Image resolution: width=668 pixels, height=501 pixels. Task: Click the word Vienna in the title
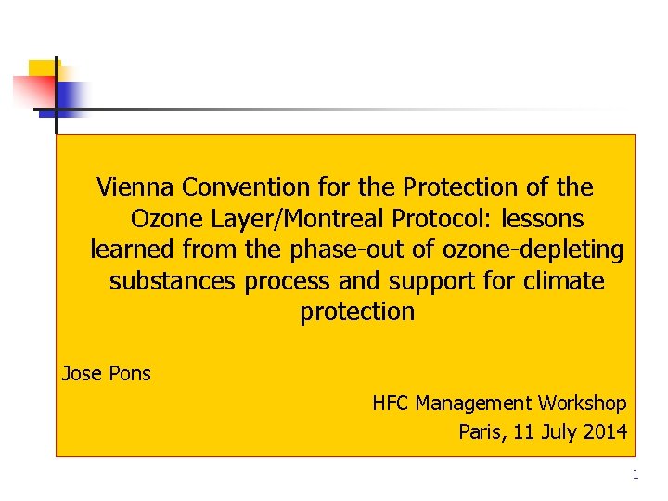pyautogui.click(x=136, y=187)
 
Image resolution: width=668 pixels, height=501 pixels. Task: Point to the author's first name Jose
pyautogui.click(x=81, y=374)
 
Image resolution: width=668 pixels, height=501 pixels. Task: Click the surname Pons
pyautogui.click(x=129, y=374)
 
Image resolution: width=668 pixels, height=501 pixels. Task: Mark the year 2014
pyautogui.click(x=606, y=431)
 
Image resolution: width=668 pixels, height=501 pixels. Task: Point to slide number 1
pyautogui.click(x=636, y=475)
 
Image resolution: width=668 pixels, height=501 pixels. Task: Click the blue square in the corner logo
pyautogui.click(x=72, y=96)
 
